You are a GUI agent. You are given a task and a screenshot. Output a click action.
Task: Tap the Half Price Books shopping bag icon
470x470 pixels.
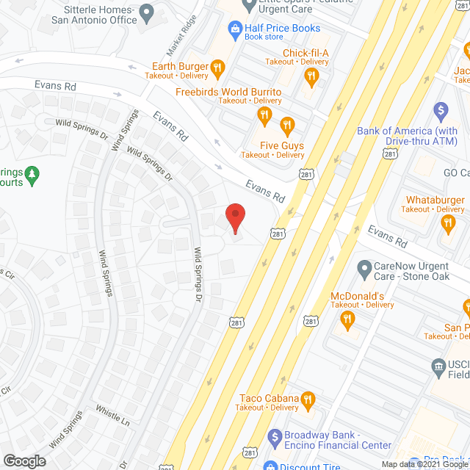click(235, 29)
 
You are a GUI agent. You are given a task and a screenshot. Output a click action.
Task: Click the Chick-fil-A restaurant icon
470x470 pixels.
click(311, 75)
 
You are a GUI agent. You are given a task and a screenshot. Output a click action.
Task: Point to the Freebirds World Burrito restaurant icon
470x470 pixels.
click(264, 115)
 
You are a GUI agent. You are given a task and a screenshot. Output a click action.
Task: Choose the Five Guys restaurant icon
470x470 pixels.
click(287, 125)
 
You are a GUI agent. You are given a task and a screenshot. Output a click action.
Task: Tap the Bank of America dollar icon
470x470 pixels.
click(441, 112)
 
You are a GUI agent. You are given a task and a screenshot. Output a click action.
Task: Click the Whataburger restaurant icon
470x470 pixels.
click(449, 223)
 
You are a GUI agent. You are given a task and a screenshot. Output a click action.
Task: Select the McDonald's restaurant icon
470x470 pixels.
click(348, 319)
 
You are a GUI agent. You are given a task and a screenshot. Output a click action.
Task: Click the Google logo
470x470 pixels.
click(23, 460)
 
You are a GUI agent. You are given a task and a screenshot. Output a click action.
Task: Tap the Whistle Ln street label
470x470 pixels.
click(112, 416)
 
